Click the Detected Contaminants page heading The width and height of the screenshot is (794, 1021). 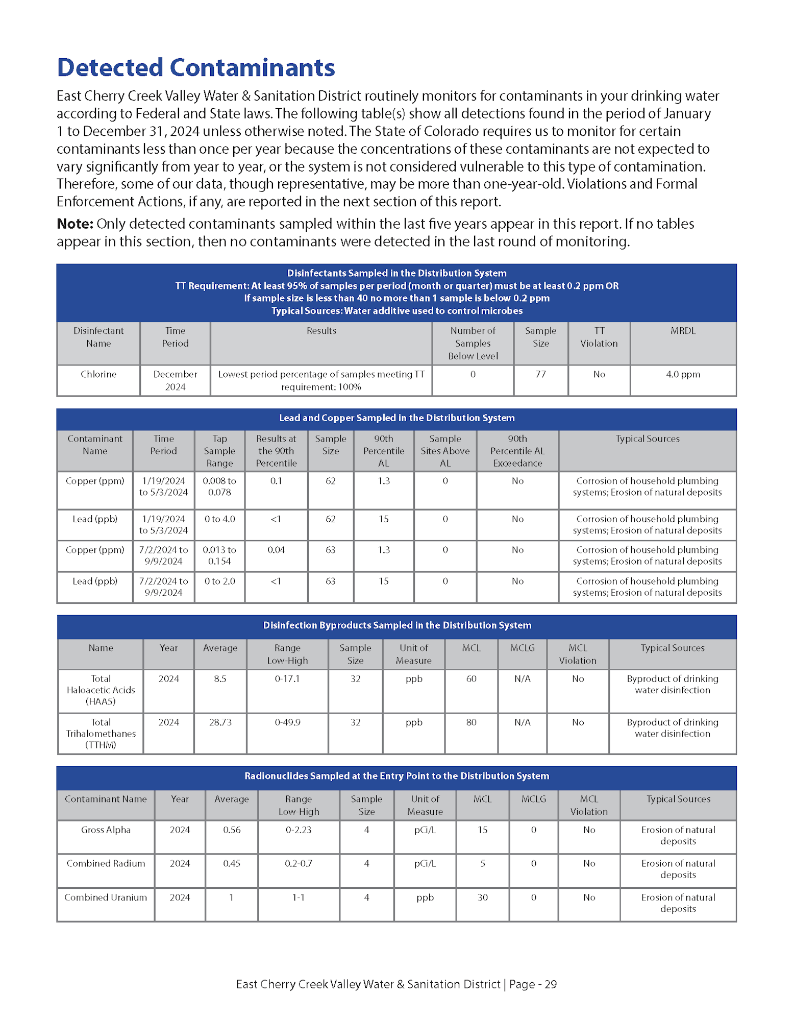click(x=195, y=67)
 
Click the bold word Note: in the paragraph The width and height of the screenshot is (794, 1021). click(x=75, y=224)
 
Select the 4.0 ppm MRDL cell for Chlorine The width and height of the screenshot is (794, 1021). click(x=682, y=374)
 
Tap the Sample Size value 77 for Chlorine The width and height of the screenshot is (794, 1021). click(x=540, y=374)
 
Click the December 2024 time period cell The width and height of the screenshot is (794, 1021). click(x=175, y=380)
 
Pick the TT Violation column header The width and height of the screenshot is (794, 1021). click(x=599, y=337)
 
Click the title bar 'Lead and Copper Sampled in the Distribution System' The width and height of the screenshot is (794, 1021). click(x=396, y=418)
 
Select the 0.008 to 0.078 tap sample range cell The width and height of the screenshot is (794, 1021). click(x=219, y=487)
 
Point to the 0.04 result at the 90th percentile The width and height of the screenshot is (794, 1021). click(x=276, y=550)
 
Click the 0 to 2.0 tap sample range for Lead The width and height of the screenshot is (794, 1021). click(x=219, y=581)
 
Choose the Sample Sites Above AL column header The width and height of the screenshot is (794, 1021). click(x=445, y=451)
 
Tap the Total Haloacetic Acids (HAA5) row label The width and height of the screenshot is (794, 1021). click(x=101, y=690)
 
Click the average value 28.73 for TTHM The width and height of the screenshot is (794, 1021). click(x=220, y=722)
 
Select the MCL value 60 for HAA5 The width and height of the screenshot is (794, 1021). click(x=471, y=678)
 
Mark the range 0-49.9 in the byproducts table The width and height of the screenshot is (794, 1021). click(x=287, y=722)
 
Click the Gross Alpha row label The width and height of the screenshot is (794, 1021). click(x=106, y=830)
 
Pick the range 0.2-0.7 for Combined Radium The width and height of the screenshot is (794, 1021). click(x=299, y=863)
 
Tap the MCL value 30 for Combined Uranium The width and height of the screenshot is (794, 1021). click(x=482, y=897)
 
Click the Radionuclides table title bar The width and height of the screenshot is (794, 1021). click(x=396, y=776)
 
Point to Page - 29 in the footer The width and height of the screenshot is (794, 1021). click(x=533, y=984)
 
